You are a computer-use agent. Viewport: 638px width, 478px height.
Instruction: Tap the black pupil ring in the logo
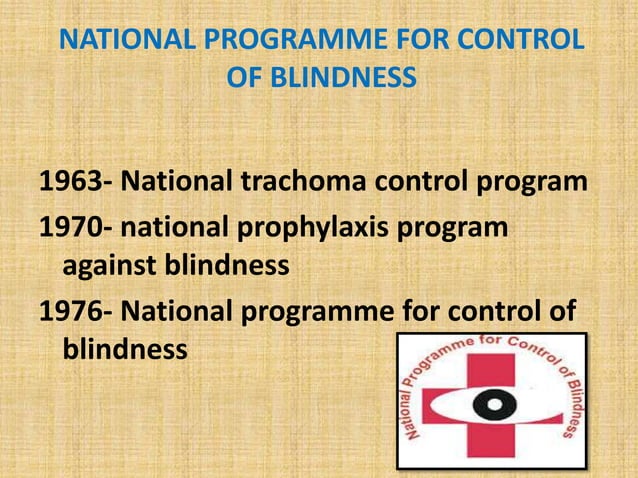coord(490,406)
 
